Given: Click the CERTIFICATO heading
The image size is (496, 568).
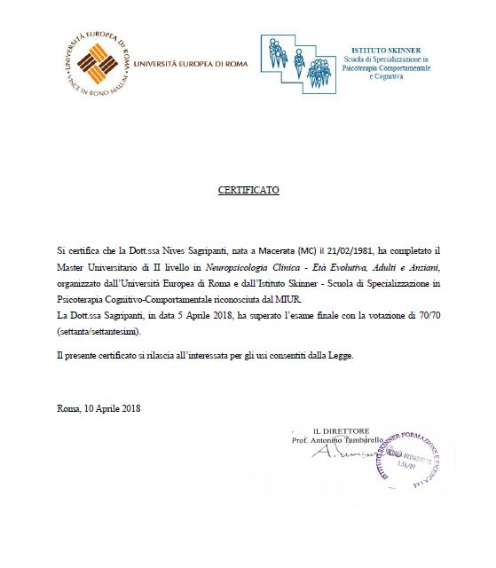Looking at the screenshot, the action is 248,191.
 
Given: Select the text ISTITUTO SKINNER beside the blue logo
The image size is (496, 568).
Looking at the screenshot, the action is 386,51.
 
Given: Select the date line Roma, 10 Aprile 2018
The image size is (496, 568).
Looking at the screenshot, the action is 98,408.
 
